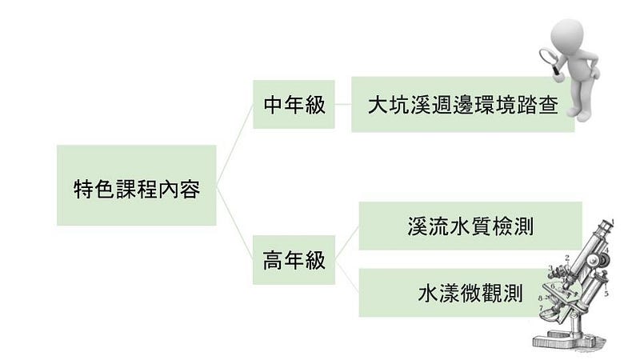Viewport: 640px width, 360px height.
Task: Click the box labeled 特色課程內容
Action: click(136, 185)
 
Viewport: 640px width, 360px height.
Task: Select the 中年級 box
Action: click(294, 105)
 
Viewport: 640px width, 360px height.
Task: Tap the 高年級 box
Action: click(294, 260)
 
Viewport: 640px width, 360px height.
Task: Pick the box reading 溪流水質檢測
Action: click(470, 226)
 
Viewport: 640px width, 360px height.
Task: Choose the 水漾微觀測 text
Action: click(470, 294)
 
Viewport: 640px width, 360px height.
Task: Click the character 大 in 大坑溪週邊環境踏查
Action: click(378, 105)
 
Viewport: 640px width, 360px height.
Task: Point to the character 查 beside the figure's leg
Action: click(548, 105)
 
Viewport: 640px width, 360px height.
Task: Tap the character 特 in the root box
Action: click(84, 189)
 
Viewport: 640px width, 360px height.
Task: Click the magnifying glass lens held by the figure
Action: click(549, 56)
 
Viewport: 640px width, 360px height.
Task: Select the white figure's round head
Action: click(567, 34)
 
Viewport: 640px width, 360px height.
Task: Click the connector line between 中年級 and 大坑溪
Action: click(343, 104)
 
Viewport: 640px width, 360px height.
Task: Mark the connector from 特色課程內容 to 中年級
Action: click(234, 145)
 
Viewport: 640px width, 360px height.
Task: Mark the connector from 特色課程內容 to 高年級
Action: click(234, 223)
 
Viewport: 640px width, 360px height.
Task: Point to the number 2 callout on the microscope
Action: click(567, 258)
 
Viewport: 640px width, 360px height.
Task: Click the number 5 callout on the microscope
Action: click(606, 293)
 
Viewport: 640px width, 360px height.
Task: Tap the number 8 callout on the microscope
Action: click(540, 298)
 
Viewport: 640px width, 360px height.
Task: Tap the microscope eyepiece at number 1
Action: click(607, 224)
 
